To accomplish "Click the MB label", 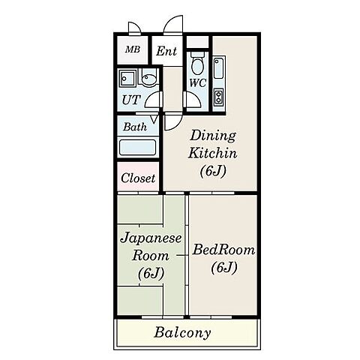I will coord(132,51).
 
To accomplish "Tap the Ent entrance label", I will coord(166,52).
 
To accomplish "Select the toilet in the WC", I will coord(197,64).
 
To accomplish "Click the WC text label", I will coord(197,82).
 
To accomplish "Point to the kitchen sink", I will coord(219,70).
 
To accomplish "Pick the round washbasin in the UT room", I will coord(148,79).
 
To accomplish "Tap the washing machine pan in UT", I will coord(127,79).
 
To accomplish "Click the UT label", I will coord(130,99).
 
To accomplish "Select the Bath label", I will coord(135,127).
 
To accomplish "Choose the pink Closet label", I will coord(137,178).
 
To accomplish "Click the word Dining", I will coord(212,136).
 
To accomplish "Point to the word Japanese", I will coord(151,238).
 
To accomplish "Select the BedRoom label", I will coord(223,250).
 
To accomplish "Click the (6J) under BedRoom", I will coord(223,267).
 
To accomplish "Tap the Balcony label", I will coord(182,332).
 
